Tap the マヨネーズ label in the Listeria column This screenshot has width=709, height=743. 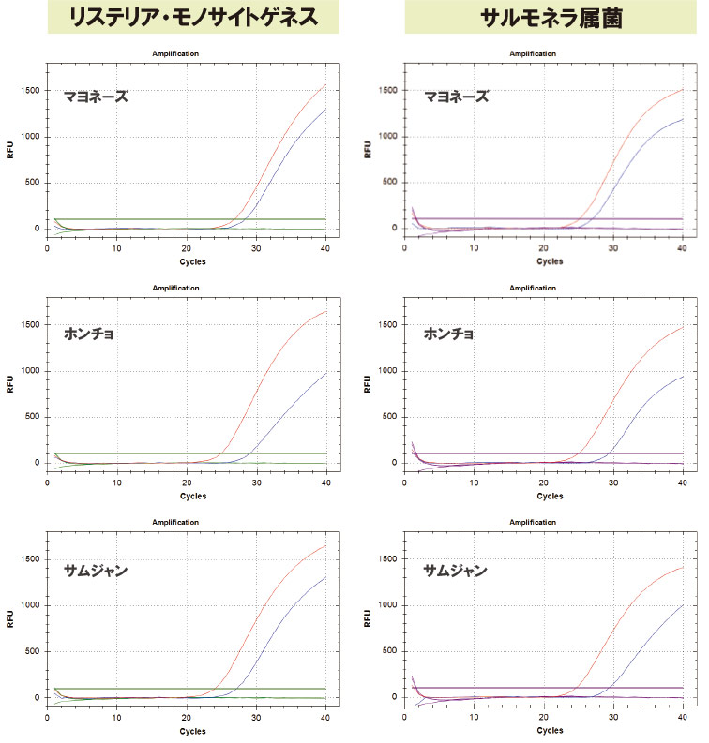click(96, 97)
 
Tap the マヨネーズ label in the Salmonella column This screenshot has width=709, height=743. click(457, 97)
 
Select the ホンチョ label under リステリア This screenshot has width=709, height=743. click(89, 334)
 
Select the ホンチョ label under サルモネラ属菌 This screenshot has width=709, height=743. click(449, 334)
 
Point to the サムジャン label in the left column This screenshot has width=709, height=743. click(96, 570)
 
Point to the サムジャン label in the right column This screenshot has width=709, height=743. click(455, 570)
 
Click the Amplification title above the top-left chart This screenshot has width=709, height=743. click(175, 53)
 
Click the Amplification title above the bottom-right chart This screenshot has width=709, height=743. click(534, 522)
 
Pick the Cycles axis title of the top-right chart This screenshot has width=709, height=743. click(550, 261)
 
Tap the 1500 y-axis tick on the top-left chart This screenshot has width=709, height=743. click(30, 90)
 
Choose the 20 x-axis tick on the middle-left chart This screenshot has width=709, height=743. click(187, 483)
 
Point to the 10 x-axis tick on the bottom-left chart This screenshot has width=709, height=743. click(116, 717)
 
